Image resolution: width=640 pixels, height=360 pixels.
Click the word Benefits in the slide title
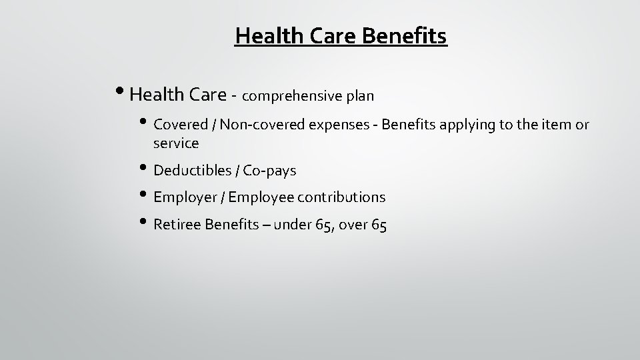coord(405,35)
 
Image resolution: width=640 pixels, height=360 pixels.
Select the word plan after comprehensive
coord(360,96)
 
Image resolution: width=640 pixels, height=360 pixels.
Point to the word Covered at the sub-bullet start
coord(178,124)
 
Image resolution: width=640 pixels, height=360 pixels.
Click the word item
coord(559,124)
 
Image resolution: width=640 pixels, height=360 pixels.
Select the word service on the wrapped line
coord(176,143)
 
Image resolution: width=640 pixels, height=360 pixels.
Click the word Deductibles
coord(192,171)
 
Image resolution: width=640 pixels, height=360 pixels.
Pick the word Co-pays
coord(269,171)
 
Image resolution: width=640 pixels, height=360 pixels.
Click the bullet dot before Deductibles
coord(147,169)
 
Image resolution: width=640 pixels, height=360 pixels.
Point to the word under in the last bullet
coord(292,225)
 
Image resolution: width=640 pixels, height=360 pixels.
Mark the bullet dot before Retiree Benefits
coord(147,223)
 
